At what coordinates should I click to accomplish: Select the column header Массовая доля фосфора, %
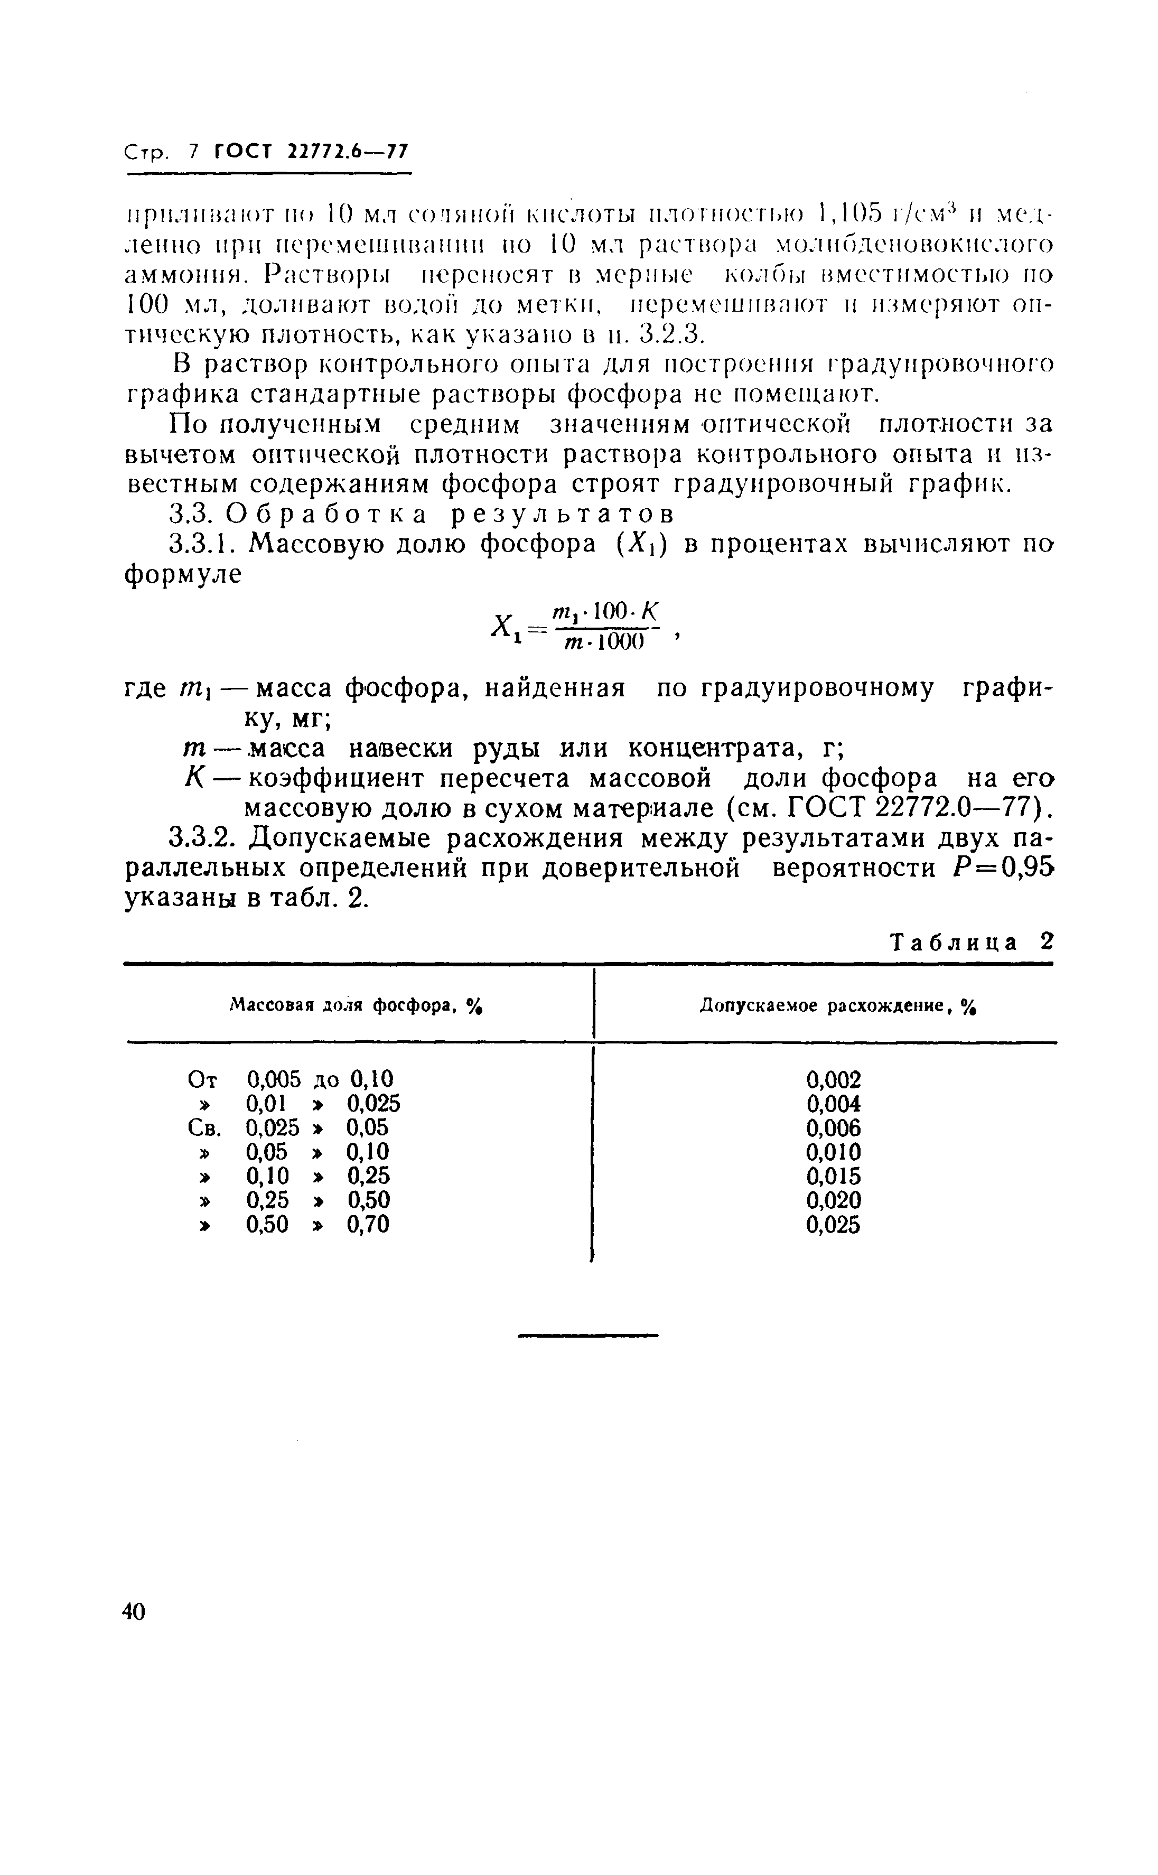pos(359,1006)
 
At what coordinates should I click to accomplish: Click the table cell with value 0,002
pos(834,1080)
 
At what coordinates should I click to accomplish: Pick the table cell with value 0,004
pos(834,1104)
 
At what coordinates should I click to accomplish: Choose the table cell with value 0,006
pos(834,1128)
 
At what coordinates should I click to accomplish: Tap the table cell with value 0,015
pos(834,1176)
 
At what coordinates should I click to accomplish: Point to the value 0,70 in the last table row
pos(368,1225)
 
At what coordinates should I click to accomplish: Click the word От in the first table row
pos(203,1080)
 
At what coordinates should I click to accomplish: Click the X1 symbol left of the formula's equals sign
pos(502,630)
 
